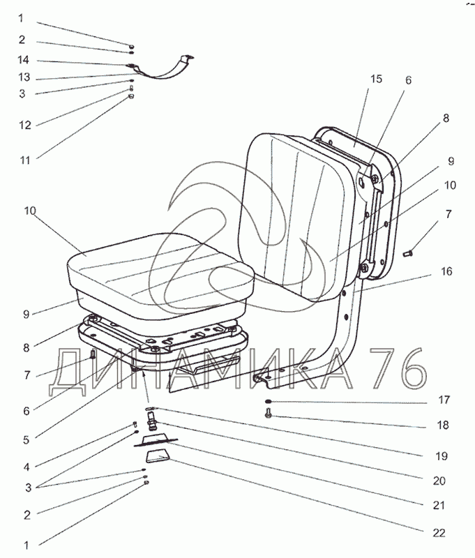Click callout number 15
tap(376, 79)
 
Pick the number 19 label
tap(441, 456)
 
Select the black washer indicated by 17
tap(269, 402)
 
